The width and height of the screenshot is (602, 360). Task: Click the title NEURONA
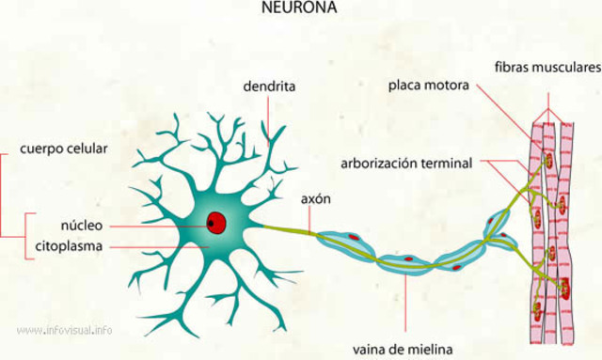coord(298,8)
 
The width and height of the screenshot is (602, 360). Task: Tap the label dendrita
coord(269,86)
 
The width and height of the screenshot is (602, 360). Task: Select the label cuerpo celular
coord(64,149)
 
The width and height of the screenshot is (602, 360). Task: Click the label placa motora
coord(428,86)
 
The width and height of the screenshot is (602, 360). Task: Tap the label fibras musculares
coord(547,68)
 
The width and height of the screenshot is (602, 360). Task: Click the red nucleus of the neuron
coord(216,223)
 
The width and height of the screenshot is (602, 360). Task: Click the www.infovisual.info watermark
coord(65,330)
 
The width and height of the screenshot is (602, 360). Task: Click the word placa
coord(404,86)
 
